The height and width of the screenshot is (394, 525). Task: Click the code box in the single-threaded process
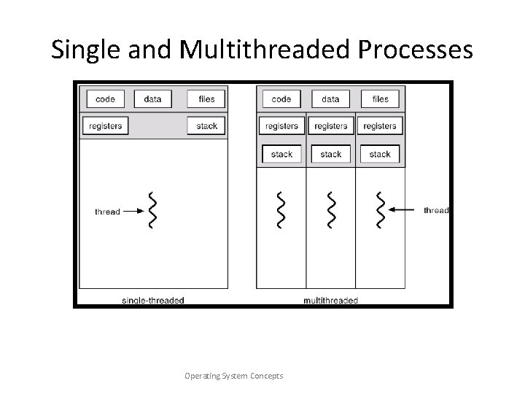(x=105, y=99)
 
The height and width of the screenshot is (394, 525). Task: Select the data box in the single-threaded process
(x=152, y=99)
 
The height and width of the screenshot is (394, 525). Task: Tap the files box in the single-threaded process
(x=206, y=99)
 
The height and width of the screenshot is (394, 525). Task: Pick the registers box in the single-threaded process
(x=105, y=125)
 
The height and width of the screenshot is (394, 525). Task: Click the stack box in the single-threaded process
(x=206, y=125)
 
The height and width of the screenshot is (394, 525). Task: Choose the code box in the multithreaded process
(x=281, y=99)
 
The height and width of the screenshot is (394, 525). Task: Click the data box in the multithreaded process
(x=330, y=99)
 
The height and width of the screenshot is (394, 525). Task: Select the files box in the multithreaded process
(x=380, y=99)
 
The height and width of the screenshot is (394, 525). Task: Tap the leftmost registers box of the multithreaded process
(x=281, y=125)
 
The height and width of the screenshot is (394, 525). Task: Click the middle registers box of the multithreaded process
(x=330, y=125)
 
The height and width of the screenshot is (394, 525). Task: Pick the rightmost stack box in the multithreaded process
(x=380, y=154)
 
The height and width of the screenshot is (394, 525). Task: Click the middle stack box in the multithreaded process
(x=330, y=154)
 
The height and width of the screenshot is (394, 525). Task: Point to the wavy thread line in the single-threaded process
(x=152, y=211)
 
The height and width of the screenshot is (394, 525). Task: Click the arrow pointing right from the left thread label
(x=133, y=212)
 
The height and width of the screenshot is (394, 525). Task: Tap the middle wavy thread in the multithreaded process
(x=331, y=210)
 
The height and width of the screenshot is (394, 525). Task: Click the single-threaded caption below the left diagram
(x=152, y=300)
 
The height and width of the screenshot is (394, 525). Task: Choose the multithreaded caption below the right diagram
(x=330, y=300)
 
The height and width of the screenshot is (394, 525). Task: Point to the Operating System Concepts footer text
(x=234, y=376)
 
